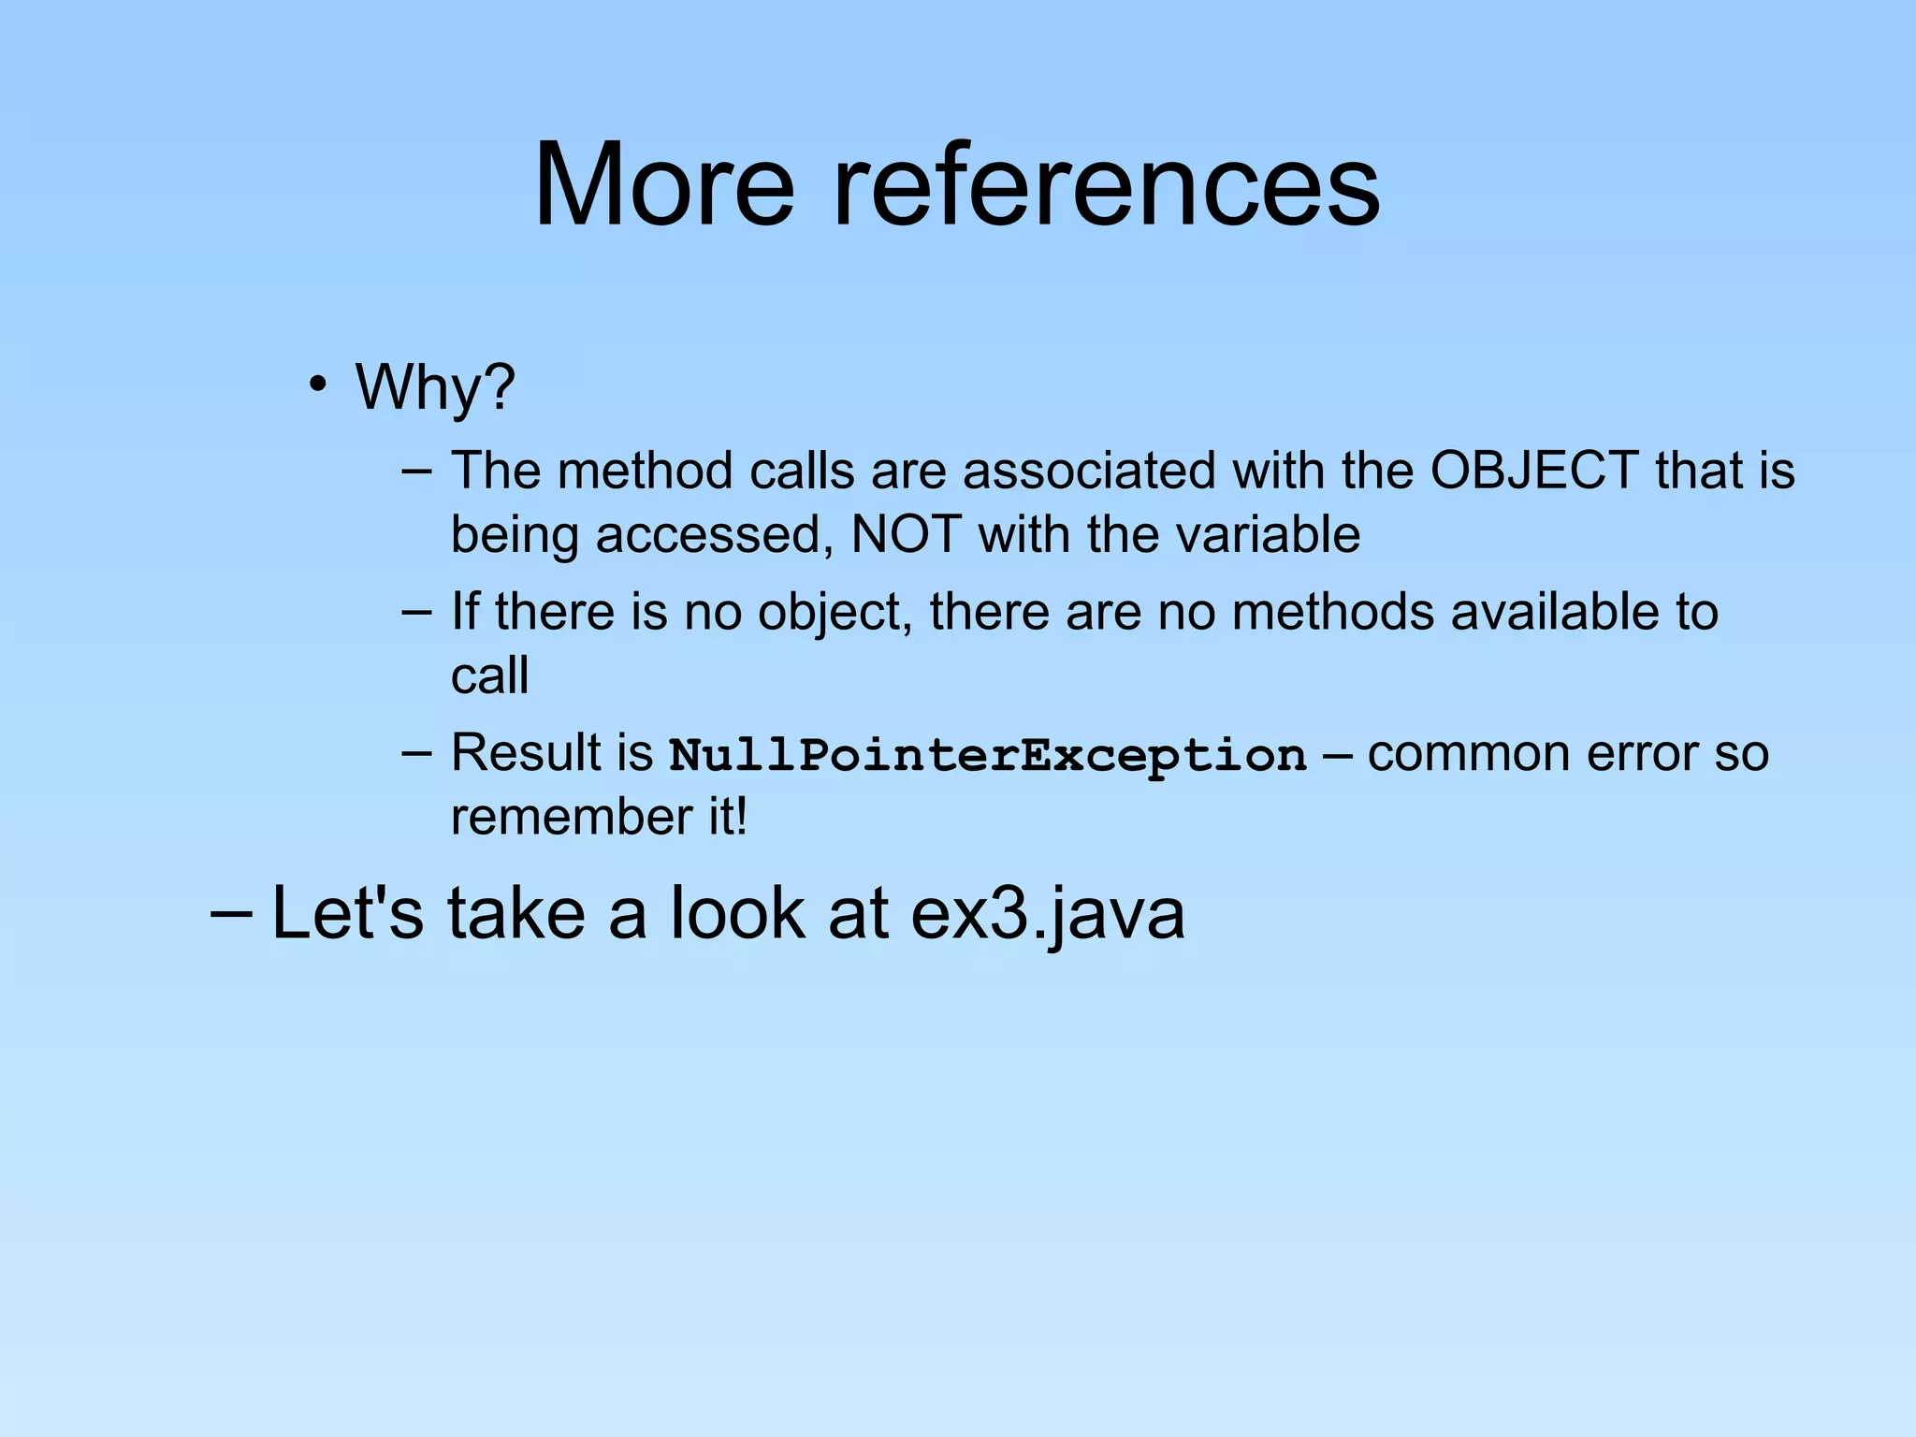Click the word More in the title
click(x=663, y=184)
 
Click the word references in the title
click(x=1106, y=184)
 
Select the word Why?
click(x=435, y=386)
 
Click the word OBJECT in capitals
click(x=1533, y=470)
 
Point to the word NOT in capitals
click(x=906, y=535)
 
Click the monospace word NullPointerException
click(x=988, y=755)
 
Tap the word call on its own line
click(x=489, y=675)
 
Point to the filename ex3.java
click(x=1047, y=914)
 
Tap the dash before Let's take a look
click(x=231, y=912)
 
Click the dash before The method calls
click(x=416, y=470)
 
